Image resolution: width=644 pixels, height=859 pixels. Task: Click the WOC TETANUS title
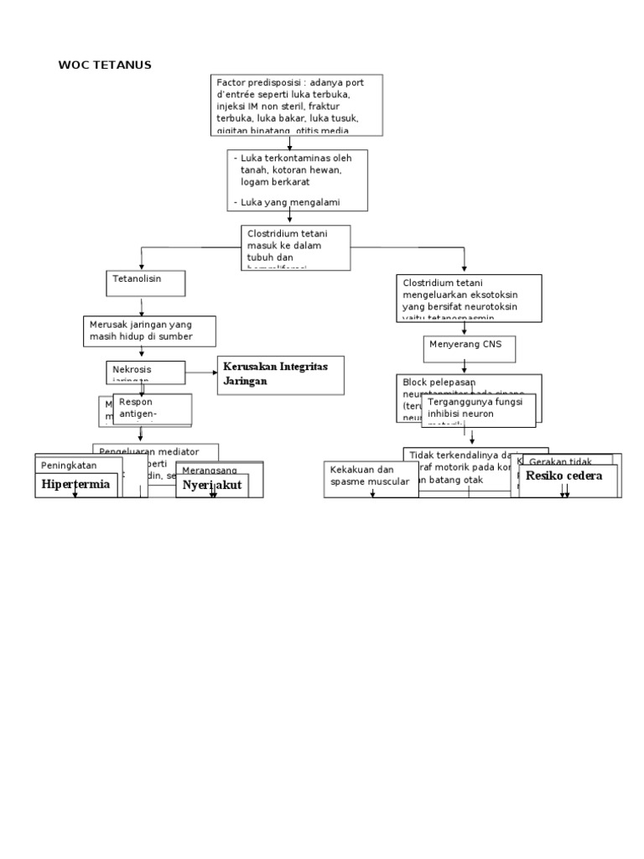point(105,65)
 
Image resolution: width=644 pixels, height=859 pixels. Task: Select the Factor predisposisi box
point(298,104)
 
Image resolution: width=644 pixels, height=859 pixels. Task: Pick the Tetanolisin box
point(145,283)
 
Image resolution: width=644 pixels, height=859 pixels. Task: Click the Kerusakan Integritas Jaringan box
point(281,374)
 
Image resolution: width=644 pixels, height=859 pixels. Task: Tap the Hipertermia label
point(75,484)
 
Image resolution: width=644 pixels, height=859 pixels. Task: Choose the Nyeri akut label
point(211,485)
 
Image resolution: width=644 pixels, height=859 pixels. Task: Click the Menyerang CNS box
point(469,348)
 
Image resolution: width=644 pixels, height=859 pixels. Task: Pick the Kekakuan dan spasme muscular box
point(371,476)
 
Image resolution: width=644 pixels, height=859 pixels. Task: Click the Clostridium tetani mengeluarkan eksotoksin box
point(469,297)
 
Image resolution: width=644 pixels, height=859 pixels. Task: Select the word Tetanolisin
point(137,279)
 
